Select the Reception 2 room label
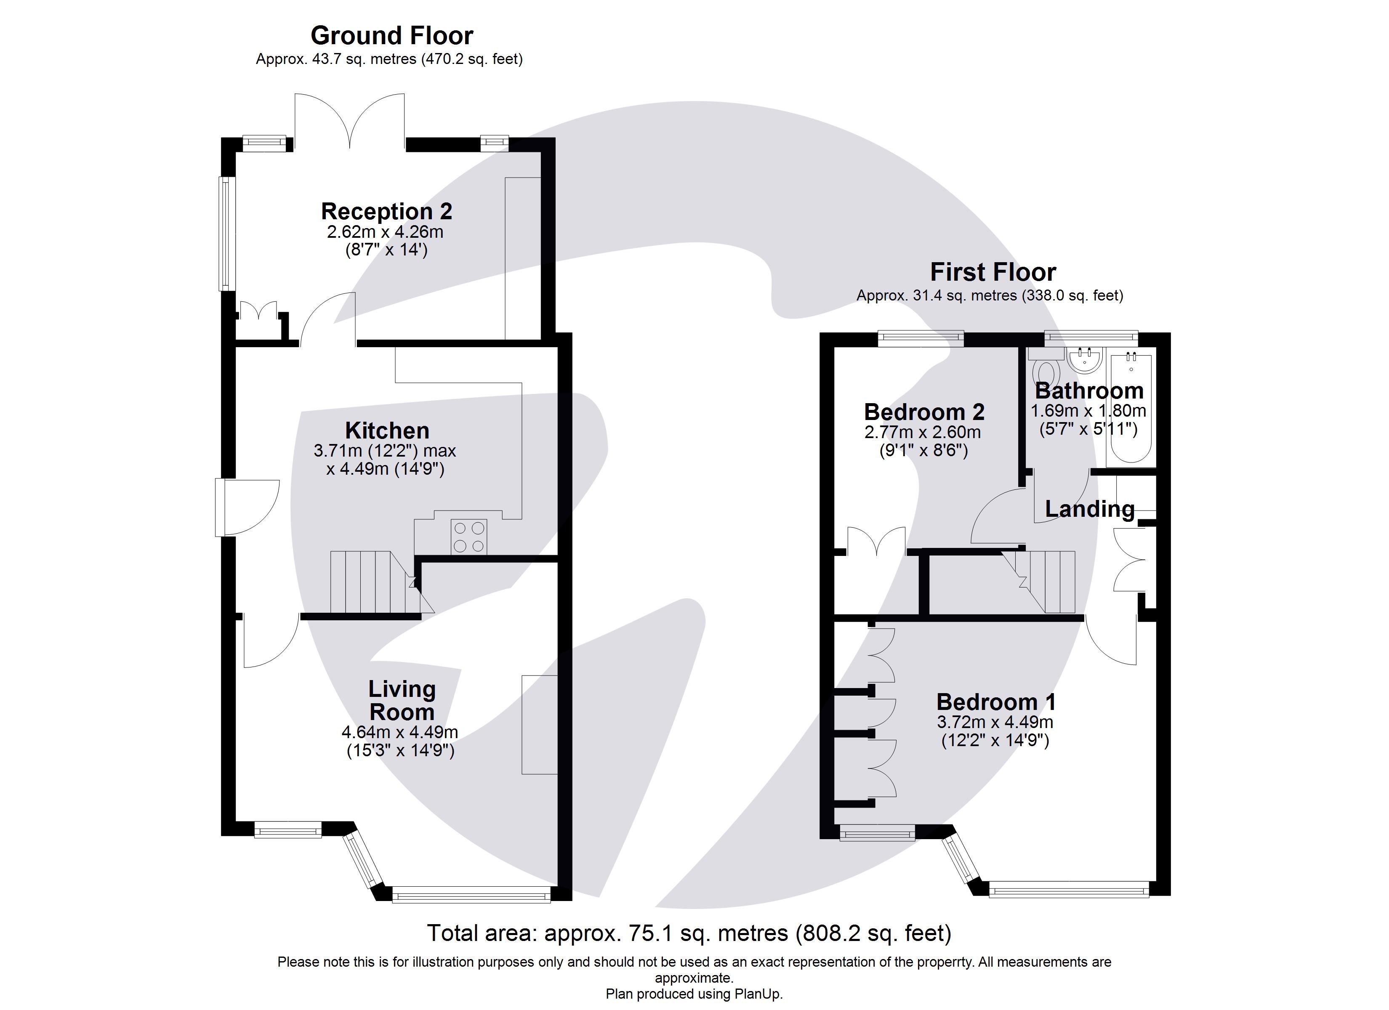tap(386, 211)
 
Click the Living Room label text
tap(402, 701)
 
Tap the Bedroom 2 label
tap(923, 412)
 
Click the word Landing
tap(1089, 509)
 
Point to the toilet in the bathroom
tap(1046, 372)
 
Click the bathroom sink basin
tap(1085, 359)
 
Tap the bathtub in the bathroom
tap(1131, 407)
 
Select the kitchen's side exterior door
tap(247, 508)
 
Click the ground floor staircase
tap(374, 582)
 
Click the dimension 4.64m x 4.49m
tap(399, 732)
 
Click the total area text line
tap(689, 933)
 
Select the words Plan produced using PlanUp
tap(694, 994)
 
